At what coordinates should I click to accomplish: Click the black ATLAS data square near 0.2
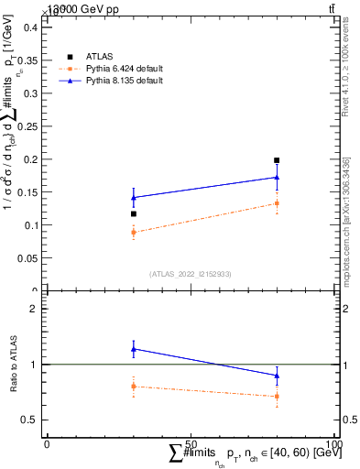[277, 160]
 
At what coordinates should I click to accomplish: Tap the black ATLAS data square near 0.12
[134, 214]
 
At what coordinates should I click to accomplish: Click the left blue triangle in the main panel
[134, 198]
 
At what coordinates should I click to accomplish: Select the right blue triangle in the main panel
[277, 178]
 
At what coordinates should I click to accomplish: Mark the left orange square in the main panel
[134, 233]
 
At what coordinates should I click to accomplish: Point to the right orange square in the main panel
[277, 203]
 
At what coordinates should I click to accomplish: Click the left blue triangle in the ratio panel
[134, 349]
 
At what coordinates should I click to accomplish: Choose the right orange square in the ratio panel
[277, 397]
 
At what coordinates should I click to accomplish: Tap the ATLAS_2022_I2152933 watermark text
[190, 274]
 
